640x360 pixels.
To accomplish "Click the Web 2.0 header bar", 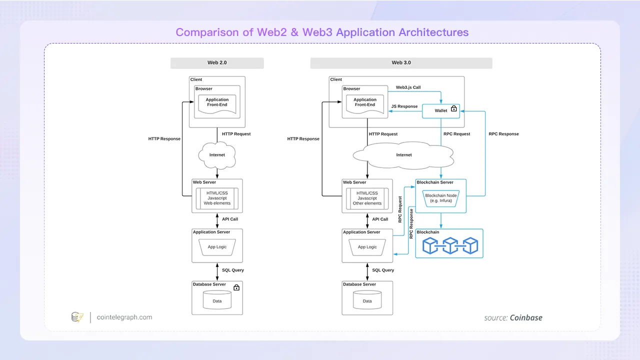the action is (x=217, y=63).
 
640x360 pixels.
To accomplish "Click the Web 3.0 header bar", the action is (x=401, y=63).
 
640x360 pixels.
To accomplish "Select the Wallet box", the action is (x=441, y=111).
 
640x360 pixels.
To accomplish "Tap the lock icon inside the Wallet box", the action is (x=453, y=108).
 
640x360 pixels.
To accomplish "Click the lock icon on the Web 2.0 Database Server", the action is (x=236, y=287).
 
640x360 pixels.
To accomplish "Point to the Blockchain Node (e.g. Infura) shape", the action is (x=441, y=198).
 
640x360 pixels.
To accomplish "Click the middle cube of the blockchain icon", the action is (x=450, y=245).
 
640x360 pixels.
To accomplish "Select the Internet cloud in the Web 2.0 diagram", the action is (x=217, y=155).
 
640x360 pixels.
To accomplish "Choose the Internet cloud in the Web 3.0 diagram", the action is (x=403, y=155).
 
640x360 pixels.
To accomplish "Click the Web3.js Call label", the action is (x=408, y=87).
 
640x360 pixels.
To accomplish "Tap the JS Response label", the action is (x=404, y=106).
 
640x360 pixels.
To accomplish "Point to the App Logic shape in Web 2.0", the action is (x=217, y=247).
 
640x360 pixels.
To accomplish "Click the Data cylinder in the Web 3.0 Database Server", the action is (x=367, y=300).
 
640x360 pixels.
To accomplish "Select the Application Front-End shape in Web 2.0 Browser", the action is (x=217, y=104).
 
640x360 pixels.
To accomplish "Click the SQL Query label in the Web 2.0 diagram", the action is (x=233, y=270).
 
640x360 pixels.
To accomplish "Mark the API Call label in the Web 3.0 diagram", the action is (x=380, y=219).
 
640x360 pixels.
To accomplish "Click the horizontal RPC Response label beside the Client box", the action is (x=503, y=134).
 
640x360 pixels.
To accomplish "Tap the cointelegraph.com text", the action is (x=124, y=317).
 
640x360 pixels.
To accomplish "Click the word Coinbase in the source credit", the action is (x=526, y=317).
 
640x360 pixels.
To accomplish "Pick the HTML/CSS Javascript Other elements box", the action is (x=367, y=198).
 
